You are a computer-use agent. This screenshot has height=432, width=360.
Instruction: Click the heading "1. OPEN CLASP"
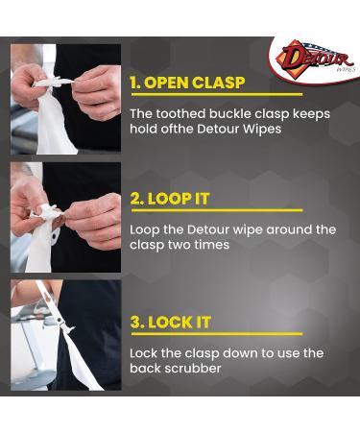[186, 83]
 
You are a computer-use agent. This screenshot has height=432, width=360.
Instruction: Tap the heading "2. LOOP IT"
[170, 199]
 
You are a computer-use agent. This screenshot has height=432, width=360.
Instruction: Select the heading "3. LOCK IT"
[170, 323]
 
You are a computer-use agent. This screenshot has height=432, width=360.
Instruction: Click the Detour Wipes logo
[315, 59]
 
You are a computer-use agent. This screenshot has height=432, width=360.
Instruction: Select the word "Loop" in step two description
[144, 229]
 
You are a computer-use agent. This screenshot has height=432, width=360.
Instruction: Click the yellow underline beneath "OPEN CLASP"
[216, 95]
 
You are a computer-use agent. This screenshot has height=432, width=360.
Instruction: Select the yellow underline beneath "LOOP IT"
[216, 210]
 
